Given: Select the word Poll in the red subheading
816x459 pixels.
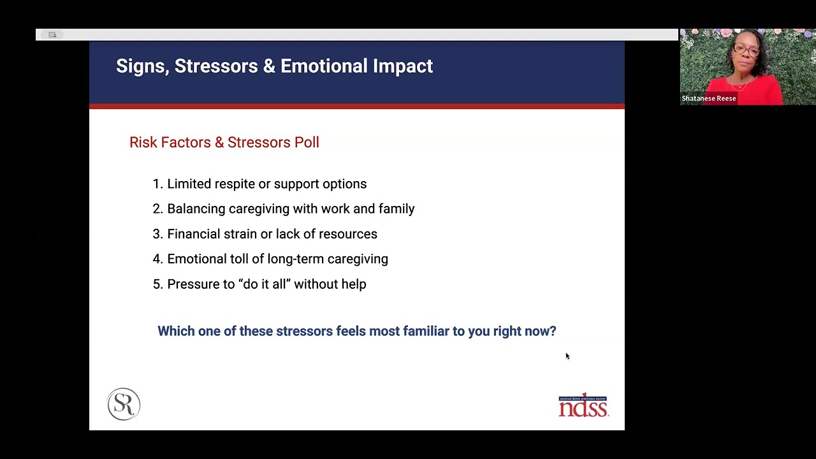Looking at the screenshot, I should tap(307, 142).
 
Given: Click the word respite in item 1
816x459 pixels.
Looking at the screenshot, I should tap(234, 184).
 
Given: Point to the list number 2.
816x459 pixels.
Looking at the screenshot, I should tap(157, 209).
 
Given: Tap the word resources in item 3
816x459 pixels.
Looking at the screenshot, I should tap(347, 234).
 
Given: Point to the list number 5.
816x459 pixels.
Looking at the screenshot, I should tap(157, 284).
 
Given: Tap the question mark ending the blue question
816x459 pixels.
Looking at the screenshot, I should tap(553, 331).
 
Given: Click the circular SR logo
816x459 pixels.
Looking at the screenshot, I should tap(124, 404).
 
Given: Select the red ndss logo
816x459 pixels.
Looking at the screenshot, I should tap(583, 405).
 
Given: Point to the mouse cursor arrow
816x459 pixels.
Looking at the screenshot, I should tap(567, 356).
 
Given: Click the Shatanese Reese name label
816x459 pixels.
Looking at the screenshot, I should tap(708, 99).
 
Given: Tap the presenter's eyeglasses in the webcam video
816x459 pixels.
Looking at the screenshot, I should tap(747, 50).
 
